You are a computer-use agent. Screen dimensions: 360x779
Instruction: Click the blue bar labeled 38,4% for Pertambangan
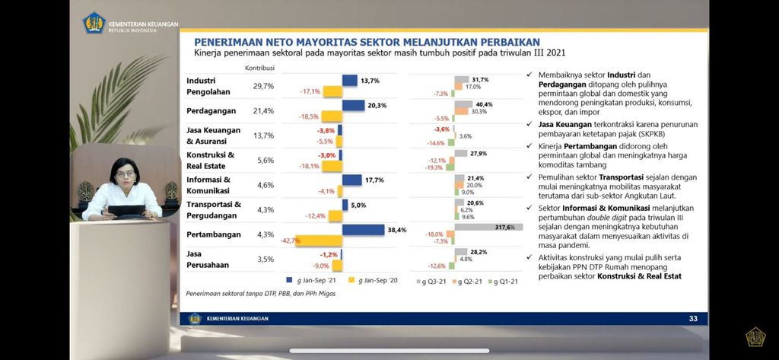(363, 229)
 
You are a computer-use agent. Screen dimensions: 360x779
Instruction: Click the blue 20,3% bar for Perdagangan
(353, 105)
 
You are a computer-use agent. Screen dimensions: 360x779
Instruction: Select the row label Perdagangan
(211, 111)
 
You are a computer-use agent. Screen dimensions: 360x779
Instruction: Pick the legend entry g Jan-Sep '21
(313, 280)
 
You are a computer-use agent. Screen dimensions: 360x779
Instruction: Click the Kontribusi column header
(259, 68)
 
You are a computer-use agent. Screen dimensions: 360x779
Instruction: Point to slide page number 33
(692, 319)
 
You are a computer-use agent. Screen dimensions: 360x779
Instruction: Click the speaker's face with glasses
(125, 172)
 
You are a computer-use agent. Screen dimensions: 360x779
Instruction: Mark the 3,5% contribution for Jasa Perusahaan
(263, 259)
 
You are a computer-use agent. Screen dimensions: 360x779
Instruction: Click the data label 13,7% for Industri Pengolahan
(370, 80)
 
